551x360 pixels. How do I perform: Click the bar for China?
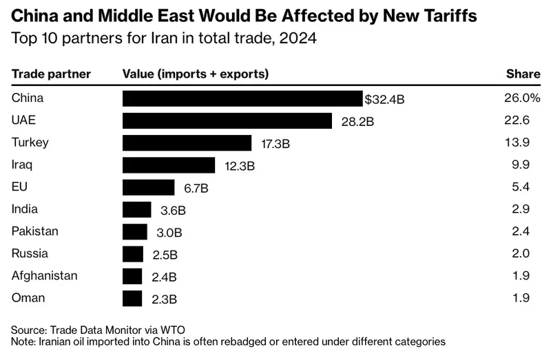242,98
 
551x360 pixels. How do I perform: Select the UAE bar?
227,120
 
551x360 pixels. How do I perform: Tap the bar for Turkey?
187,143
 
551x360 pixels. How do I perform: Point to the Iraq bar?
169,165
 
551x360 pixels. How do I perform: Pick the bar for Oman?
132,299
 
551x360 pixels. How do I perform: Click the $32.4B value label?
384,99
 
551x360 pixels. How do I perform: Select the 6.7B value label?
196,188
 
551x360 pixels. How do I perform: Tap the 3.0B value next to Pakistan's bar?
169,233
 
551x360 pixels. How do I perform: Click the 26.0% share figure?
522,98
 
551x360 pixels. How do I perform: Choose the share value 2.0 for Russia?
521,253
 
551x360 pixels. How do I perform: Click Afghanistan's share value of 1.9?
521,275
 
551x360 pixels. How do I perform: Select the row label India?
24,209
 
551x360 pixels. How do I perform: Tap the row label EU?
19,187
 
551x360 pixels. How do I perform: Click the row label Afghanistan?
44,276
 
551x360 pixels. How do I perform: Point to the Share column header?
523,74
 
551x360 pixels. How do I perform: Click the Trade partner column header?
51,74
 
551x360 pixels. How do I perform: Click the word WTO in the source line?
173,330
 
